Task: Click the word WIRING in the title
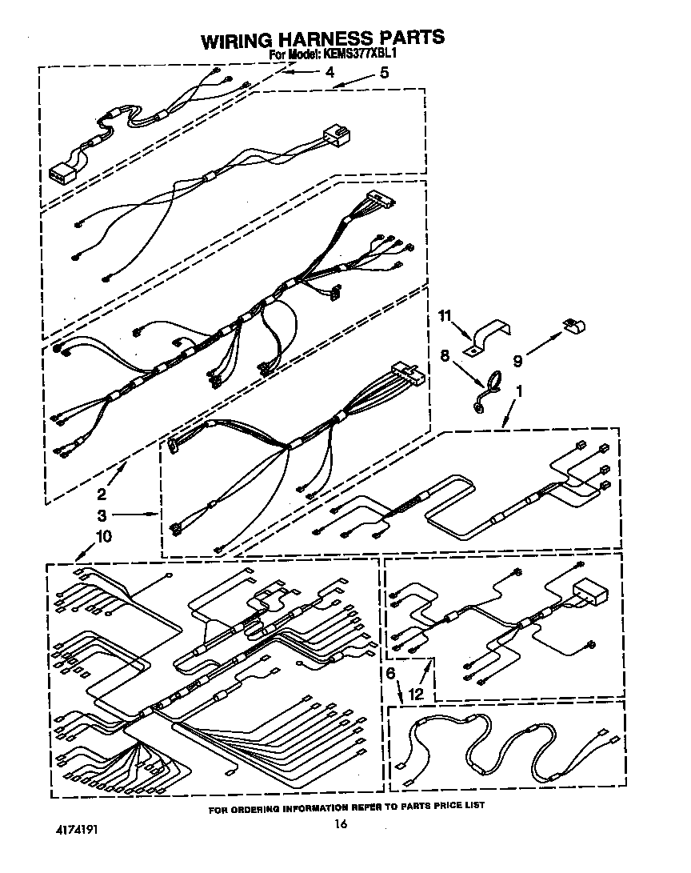pyautogui.click(x=236, y=40)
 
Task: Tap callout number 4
pyautogui.click(x=330, y=72)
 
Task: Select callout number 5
pyautogui.click(x=385, y=72)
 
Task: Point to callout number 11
pyautogui.click(x=445, y=316)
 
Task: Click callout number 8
pyautogui.click(x=445, y=355)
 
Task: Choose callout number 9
pyautogui.click(x=517, y=362)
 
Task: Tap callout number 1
pyautogui.click(x=519, y=391)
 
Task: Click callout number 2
pyautogui.click(x=102, y=493)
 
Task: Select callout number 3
pyautogui.click(x=102, y=515)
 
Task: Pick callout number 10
pyautogui.click(x=104, y=536)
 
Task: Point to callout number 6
pyautogui.click(x=390, y=673)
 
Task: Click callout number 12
pyautogui.click(x=416, y=695)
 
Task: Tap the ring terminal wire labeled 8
pyautogui.click(x=487, y=393)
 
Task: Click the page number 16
pyautogui.click(x=341, y=823)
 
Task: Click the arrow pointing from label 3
pyautogui.click(x=135, y=515)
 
